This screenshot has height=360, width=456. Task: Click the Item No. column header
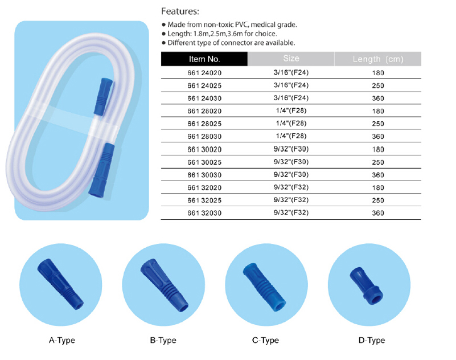204,59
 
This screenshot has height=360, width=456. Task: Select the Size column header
291,59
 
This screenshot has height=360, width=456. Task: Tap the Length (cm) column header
378,59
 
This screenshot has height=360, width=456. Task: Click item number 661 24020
204,73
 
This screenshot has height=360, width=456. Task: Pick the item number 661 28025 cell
204,124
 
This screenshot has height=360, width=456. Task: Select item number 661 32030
204,213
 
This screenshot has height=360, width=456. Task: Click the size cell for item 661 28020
291,111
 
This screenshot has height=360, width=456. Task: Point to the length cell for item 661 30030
378,175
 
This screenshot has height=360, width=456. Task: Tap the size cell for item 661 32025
291,201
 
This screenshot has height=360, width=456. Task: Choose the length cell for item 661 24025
378,85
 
